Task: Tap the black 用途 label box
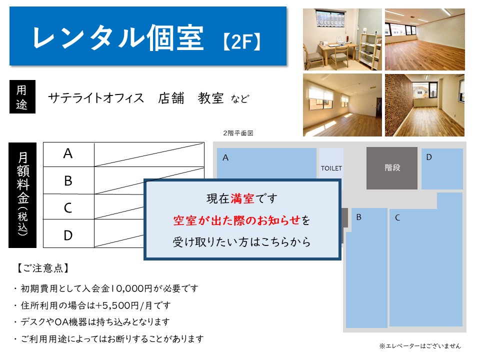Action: click(22, 96)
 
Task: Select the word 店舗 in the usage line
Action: click(171, 98)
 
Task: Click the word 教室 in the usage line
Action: click(210, 98)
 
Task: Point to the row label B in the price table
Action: click(68, 180)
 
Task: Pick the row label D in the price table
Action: click(68, 235)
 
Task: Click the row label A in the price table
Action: click(68, 153)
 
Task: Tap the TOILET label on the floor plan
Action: click(331, 168)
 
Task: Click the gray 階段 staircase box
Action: click(392, 168)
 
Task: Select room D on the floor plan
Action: click(442, 169)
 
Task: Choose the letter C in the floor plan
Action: click(397, 217)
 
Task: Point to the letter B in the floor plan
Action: click(359, 217)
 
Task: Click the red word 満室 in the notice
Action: click(242, 198)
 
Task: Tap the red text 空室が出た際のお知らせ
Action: click(237, 220)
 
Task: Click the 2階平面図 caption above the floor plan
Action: click(238, 133)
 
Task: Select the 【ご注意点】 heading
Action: click(42, 268)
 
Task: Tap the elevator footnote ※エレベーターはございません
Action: click(420, 346)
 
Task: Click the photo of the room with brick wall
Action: click(425, 105)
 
